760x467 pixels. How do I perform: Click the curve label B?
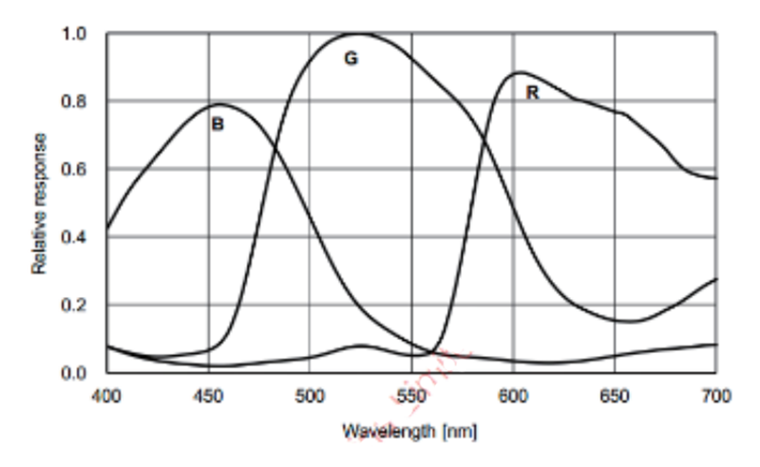[218, 124]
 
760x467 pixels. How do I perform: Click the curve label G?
[351, 59]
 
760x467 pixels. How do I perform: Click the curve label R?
[531, 93]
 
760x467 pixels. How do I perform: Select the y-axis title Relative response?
[40, 203]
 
